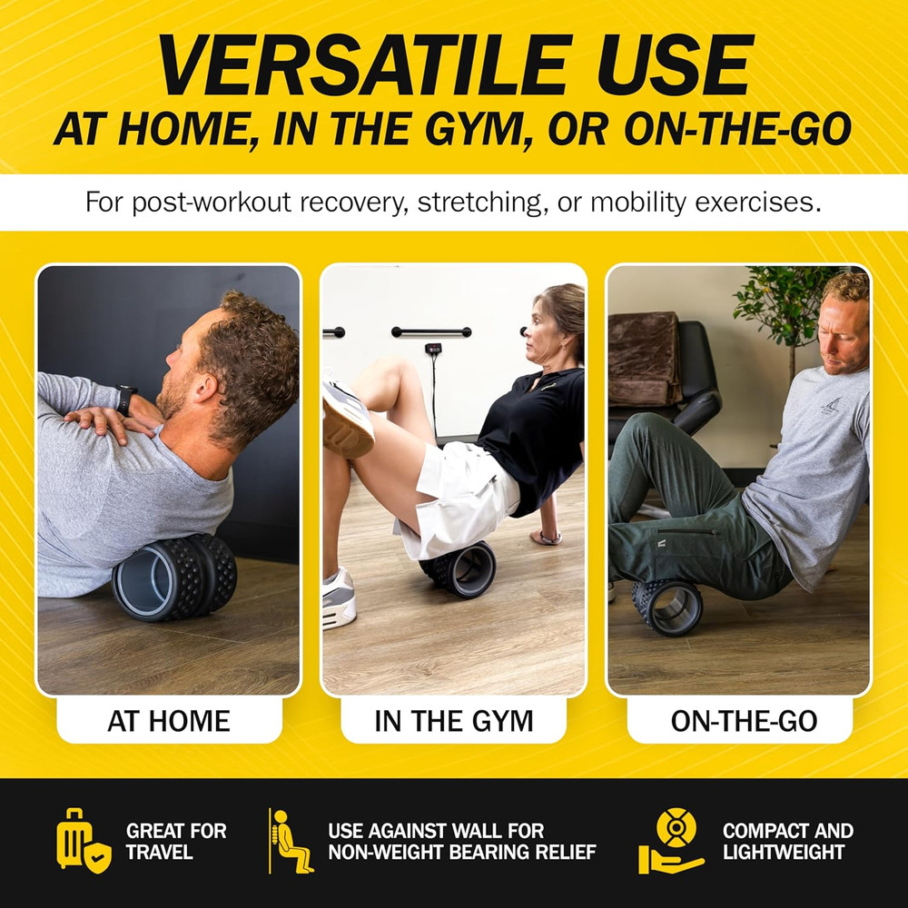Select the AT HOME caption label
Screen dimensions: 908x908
169,721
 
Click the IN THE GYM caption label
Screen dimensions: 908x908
453,721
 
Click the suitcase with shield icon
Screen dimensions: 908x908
84,840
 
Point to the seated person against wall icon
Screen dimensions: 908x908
291,841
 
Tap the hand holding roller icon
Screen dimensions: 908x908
672,841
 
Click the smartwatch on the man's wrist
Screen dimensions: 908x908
125,400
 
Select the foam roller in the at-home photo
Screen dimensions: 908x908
174,577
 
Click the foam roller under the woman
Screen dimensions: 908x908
459,568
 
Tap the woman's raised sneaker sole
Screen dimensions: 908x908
348,418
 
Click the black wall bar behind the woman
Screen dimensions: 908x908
430,331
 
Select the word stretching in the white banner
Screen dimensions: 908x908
479,203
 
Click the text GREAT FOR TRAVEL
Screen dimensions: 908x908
176,842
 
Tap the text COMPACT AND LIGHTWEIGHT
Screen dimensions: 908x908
787,842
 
